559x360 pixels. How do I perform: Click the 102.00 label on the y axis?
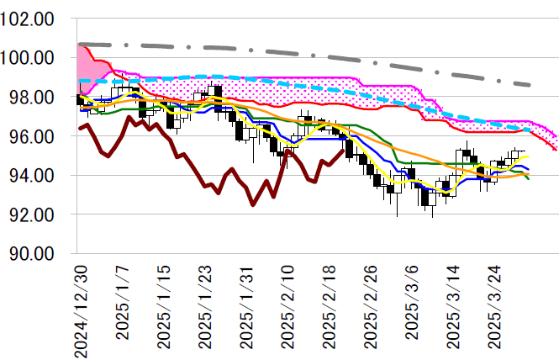pos(30,19)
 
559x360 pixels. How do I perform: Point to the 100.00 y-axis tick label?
pos(30,58)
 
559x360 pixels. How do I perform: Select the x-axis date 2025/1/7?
pos(122,303)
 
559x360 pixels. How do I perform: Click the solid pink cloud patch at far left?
pos(85,67)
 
